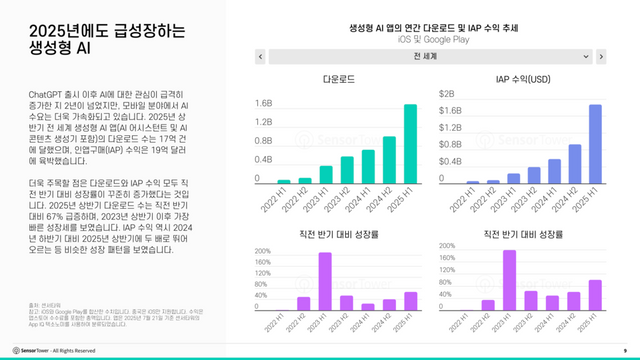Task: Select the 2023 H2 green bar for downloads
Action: point(347,170)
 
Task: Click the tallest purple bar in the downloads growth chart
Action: point(325,281)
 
